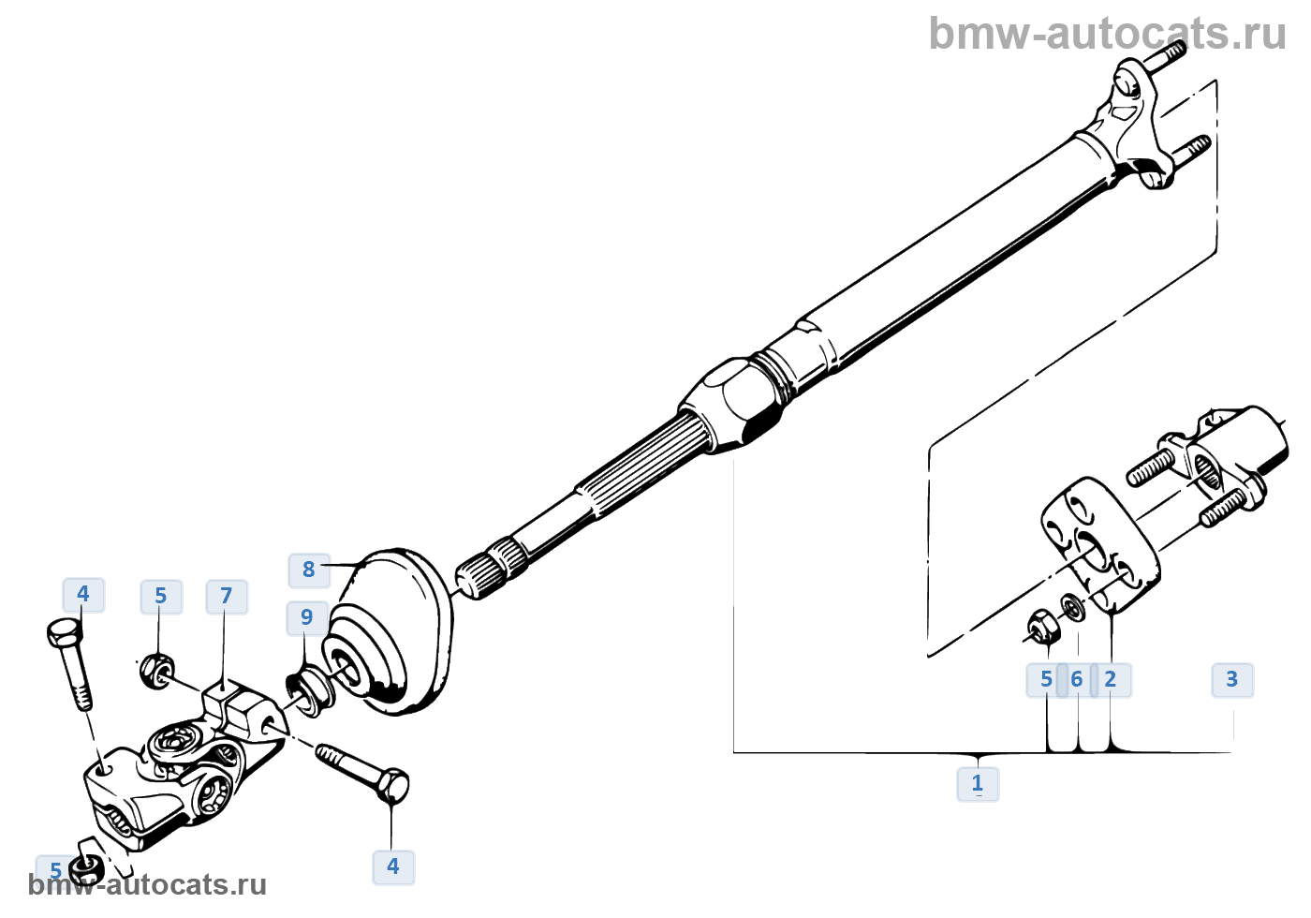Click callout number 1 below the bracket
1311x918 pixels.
coord(978,783)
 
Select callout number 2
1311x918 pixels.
coord(1111,680)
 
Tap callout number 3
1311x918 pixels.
coord(1232,680)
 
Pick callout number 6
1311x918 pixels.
coord(1077,680)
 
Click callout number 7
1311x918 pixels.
coord(227,597)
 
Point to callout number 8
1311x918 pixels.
coord(309,570)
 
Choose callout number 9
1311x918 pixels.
coord(307,618)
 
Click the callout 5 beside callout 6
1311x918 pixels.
coord(1045,680)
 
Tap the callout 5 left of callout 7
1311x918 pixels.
coord(161,597)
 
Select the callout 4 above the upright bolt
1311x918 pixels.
coord(83,595)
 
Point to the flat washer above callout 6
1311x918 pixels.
coord(1073,607)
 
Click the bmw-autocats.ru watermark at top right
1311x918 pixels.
coord(1107,34)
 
